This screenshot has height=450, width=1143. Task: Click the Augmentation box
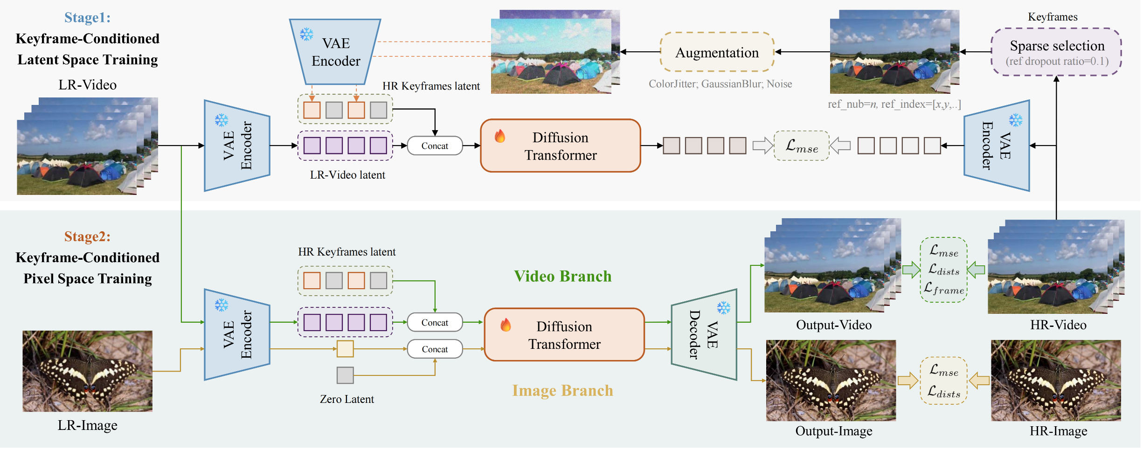[x=717, y=52]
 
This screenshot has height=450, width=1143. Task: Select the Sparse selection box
[x=1056, y=52]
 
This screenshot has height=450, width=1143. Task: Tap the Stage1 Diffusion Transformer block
[x=561, y=146]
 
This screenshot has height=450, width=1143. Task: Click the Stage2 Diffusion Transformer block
[x=564, y=335]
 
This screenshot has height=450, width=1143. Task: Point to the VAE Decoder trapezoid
[x=704, y=335]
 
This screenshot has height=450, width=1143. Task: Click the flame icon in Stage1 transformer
[x=500, y=136]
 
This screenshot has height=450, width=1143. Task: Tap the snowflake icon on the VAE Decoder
[x=723, y=308]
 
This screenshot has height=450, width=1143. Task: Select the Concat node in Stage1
[x=435, y=146]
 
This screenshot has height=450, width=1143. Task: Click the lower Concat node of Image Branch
[x=435, y=349]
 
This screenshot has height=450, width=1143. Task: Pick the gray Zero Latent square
[x=345, y=375]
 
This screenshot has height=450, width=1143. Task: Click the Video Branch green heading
[x=562, y=277]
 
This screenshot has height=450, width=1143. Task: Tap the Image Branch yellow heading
[x=562, y=391]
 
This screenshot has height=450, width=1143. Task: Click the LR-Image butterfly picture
[x=87, y=371]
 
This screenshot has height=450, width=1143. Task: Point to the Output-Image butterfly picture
[x=831, y=381]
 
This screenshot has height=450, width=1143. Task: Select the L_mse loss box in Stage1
[x=801, y=146]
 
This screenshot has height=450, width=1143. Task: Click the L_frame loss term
[x=943, y=289]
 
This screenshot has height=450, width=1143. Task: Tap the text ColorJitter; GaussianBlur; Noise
[x=720, y=84]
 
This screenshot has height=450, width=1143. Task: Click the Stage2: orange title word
[x=87, y=237]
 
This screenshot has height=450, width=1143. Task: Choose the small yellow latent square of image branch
[x=345, y=349]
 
